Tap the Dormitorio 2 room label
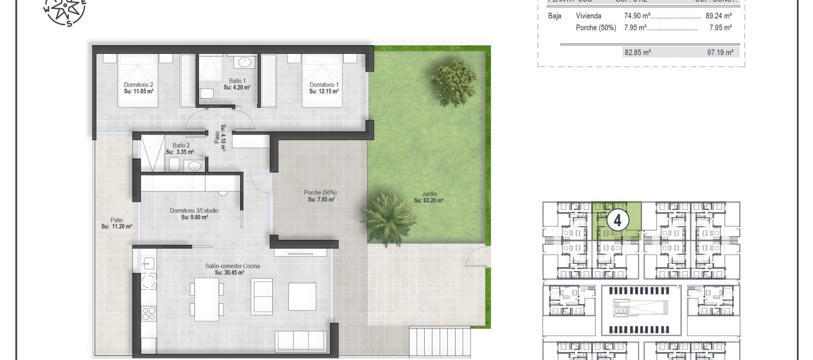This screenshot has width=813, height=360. click(x=138, y=85)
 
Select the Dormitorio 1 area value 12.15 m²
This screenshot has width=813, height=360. click(x=324, y=91)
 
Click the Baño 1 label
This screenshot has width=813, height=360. click(x=237, y=81)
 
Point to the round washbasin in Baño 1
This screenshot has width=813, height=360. click(x=245, y=63)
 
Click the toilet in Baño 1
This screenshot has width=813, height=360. click(x=207, y=93)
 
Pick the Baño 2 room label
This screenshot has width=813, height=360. click(x=181, y=145)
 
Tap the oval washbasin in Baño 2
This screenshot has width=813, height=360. click(x=194, y=166)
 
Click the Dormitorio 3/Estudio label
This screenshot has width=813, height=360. click(x=194, y=210)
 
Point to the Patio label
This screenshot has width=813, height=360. click(x=117, y=220)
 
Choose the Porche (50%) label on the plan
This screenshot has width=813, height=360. click(x=321, y=193)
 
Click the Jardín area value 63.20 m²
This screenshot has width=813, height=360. click(x=429, y=201)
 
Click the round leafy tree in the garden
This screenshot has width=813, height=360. click(x=454, y=83)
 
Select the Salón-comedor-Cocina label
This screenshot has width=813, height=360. click(x=232, y=266)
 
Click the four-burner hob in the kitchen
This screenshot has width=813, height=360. click(x=149, y=313)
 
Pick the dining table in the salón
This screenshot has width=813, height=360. click(x=207, y=299)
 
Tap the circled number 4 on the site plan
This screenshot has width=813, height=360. click(x=617, y=221)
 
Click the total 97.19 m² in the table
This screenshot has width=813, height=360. click(x=720, y=53)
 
